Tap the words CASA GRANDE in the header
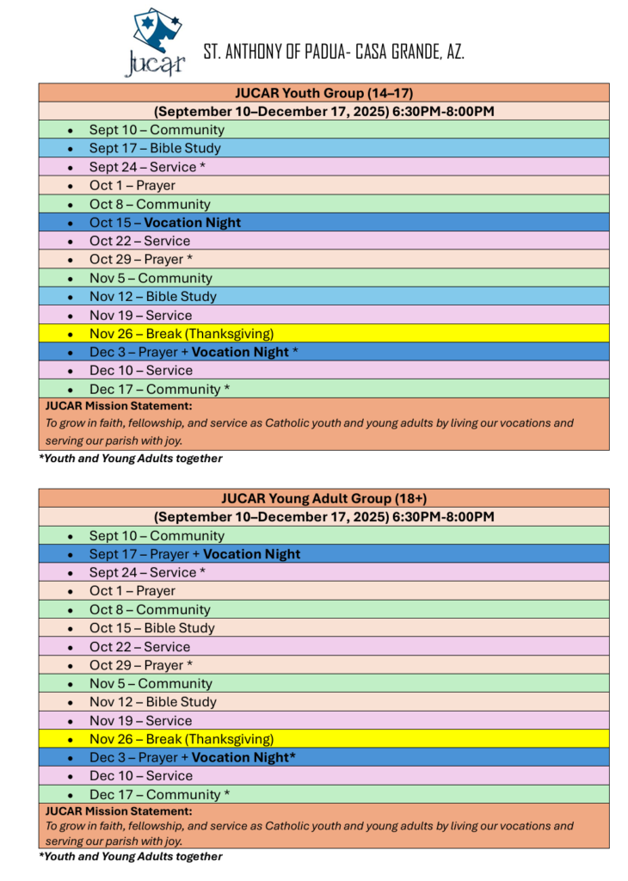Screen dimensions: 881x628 point(403,52)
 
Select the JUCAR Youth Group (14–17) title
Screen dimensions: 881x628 point(323,93)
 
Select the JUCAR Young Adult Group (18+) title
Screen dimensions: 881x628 point(323,498)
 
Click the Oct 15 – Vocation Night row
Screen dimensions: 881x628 point(165,223)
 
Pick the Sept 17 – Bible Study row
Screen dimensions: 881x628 point(155,149)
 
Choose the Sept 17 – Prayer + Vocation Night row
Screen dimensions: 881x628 point(194,554)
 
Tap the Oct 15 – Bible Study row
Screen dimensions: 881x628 point(152,628)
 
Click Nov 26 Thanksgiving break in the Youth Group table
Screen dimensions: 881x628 point(182,334)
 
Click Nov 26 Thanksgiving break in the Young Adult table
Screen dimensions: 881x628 point(182,739)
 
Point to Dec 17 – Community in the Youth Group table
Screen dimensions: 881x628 point(159,389)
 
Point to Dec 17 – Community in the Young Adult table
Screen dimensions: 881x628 point(159,794)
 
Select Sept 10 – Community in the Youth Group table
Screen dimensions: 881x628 point(157,130)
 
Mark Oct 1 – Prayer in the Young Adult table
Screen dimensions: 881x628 point(132,591)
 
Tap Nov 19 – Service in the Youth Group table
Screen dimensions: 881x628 point(140,315)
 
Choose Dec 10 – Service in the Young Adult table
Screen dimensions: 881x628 point(141,776)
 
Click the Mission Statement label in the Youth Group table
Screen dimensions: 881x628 point(119,405)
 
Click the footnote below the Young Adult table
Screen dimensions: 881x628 point(131,857)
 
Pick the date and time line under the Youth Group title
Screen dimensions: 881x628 point(323,112)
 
